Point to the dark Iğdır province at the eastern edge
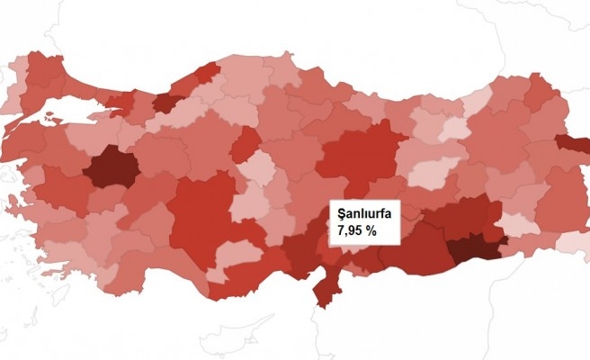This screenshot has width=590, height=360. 573,143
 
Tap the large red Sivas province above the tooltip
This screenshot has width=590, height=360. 355,157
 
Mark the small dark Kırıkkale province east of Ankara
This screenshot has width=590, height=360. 245,143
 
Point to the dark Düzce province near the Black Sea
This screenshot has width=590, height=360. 167,103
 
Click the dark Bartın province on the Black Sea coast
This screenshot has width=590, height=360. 207,72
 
